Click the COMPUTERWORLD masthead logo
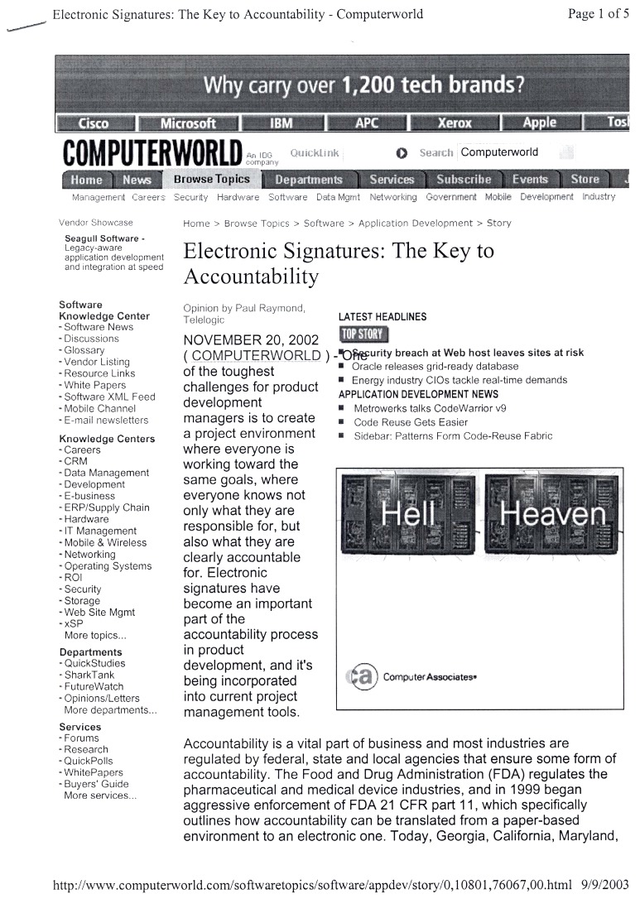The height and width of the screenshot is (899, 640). pos(151,154)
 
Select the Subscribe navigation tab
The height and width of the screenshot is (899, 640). pos(464,180)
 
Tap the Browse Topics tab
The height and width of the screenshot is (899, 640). pos(211,179)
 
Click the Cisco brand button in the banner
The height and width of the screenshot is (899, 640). pos(93,123)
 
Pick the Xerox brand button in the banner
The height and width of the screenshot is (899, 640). pos(454,123)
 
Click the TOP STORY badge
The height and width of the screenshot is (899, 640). pos(363,334)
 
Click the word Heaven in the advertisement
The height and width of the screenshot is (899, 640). pos(553,516)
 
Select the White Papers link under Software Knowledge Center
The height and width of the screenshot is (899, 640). pos(97,385)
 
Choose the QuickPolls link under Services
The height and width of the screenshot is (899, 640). pos(89,761)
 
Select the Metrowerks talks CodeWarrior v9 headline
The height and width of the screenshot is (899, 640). pos(430,408)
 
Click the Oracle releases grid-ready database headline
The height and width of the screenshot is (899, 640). pos(435,366)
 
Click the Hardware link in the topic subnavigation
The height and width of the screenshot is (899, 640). pos(238,197)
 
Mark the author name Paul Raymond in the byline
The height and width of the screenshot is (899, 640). pos(271,308)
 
